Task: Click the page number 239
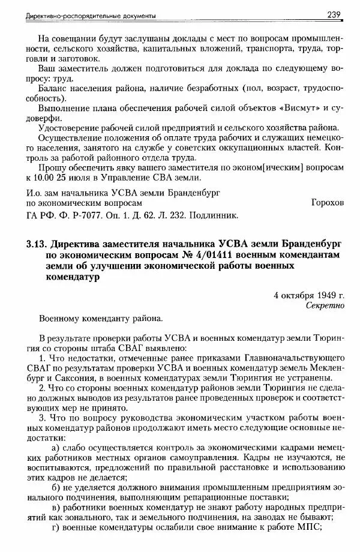click(335, 14)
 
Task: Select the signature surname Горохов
click(328, 203)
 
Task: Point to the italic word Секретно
click(325, 305)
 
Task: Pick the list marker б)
click(58, 488)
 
